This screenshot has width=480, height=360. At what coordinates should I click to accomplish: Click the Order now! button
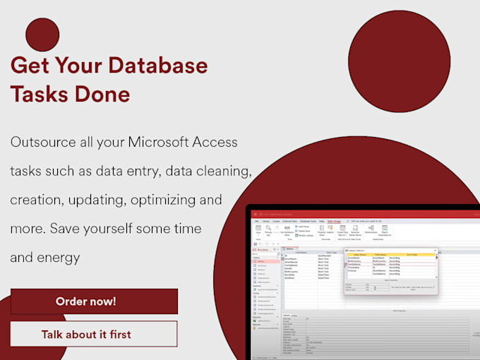(94, 301)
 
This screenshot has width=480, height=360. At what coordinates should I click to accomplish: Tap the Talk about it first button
(94, 334)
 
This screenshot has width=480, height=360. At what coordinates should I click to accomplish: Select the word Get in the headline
(30, 66)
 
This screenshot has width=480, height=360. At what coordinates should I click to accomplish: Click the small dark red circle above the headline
(42, 35)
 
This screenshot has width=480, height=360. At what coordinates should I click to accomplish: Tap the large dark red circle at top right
(399, 61)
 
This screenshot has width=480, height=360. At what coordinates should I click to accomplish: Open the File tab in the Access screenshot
(257, 221)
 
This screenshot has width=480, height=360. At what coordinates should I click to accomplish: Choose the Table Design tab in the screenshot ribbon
(334, 221)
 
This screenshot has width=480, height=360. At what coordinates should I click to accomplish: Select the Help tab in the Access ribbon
(318, 221)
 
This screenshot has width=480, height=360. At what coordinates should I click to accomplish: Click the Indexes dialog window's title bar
(388, 250)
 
